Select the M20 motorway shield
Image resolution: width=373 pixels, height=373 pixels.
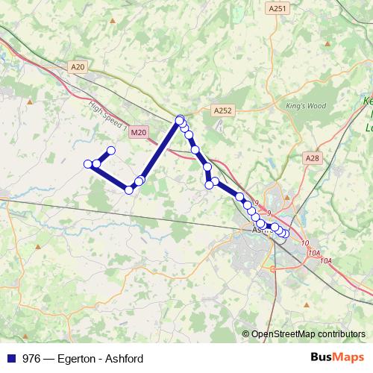tap(138, 132)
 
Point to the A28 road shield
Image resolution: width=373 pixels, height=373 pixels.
tap(312, 158)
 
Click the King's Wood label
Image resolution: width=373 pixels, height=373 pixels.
tap(306, 106)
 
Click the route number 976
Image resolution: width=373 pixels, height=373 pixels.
tap(32, 358)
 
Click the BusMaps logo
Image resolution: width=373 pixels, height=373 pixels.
tap(338, 357)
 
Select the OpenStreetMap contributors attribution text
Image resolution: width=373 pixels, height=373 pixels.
tap(308, 334)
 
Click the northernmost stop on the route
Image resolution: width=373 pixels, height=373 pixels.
tap(180, 119)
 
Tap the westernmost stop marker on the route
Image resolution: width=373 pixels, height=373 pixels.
tap(88, 164)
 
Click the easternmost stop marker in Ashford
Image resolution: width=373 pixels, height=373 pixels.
tap(286, 233)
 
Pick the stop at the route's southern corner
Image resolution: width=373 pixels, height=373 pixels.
tap(128, 190)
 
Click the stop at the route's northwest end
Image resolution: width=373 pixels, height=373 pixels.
tap(111, 151)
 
